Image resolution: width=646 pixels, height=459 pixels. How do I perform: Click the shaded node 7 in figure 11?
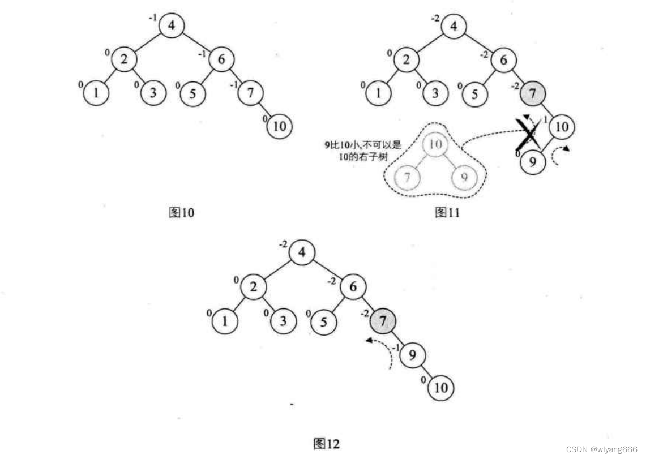tap(532, 93)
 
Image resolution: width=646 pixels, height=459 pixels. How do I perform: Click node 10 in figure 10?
tap(280, 126)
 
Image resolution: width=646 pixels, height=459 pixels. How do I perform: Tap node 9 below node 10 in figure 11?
tap(532, 162)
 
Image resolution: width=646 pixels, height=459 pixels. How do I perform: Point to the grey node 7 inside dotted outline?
tap(407, 177)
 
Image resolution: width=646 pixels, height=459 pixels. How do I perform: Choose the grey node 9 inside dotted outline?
tap(464, 177)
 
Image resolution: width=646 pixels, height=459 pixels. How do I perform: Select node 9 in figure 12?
tap(412, 356)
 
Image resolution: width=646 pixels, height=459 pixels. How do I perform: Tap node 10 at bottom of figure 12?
tap(442, 388)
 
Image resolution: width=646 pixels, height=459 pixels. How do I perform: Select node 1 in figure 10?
tap(96, 93)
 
